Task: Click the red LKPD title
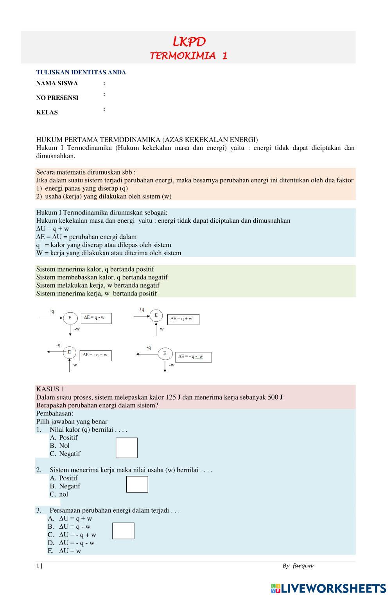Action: pyautogui.click(x=189, y=41)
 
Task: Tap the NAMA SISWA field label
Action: pyautogui.click(x=57, y=83)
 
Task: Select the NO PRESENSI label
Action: pyautogui.click(x=57, y=98)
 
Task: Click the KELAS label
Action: pyautogui.click(x=47, y=112)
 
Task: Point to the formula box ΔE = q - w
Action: pyautogui.click(x=96, y=318)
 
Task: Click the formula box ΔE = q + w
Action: pyautogui.click(x=183, y=319)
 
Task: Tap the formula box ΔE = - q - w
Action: pyautogui.click(x=193, y=357)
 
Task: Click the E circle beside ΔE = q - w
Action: pyautogui.click(x=70, y=318)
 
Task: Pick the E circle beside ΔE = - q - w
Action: pyautogui.click(x=165, y=353)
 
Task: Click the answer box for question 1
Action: pyautogui.click(x=127, y=448)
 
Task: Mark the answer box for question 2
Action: pyautogui.click(x=137, y=484)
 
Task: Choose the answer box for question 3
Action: pyautogui.click(x=123, y=531)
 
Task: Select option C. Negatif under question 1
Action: pyautogui.click(x=65, y=454)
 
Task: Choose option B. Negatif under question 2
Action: pyautogui.click(x=65, y=486)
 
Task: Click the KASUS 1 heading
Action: pyautogui.click(x=50, y=389)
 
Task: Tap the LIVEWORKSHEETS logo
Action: pyautogui.click(x=328, y=588)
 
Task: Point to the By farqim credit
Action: pyautogui.click(x=298, y=566)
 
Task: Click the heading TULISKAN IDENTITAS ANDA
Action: pyautogui.click(x=81, y=72)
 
